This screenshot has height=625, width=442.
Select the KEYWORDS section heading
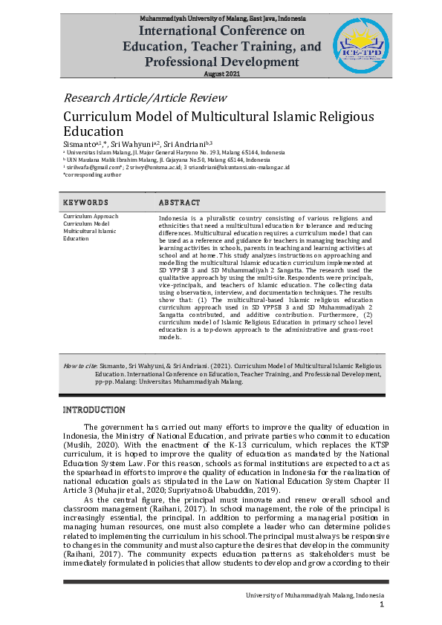[86, 203]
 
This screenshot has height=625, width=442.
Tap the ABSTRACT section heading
[180, 203]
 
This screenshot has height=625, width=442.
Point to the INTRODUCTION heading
[94, 410]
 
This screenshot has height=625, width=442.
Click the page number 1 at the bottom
[381, 606]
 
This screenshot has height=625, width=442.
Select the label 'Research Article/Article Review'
[145, 98]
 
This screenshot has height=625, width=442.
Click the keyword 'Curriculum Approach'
[91, 217]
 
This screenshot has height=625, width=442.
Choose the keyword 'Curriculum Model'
[86, 223]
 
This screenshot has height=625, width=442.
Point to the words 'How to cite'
[77, 366]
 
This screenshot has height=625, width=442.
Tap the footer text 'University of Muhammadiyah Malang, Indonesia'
[316, 596]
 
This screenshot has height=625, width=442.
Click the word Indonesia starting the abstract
[174, 217]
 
